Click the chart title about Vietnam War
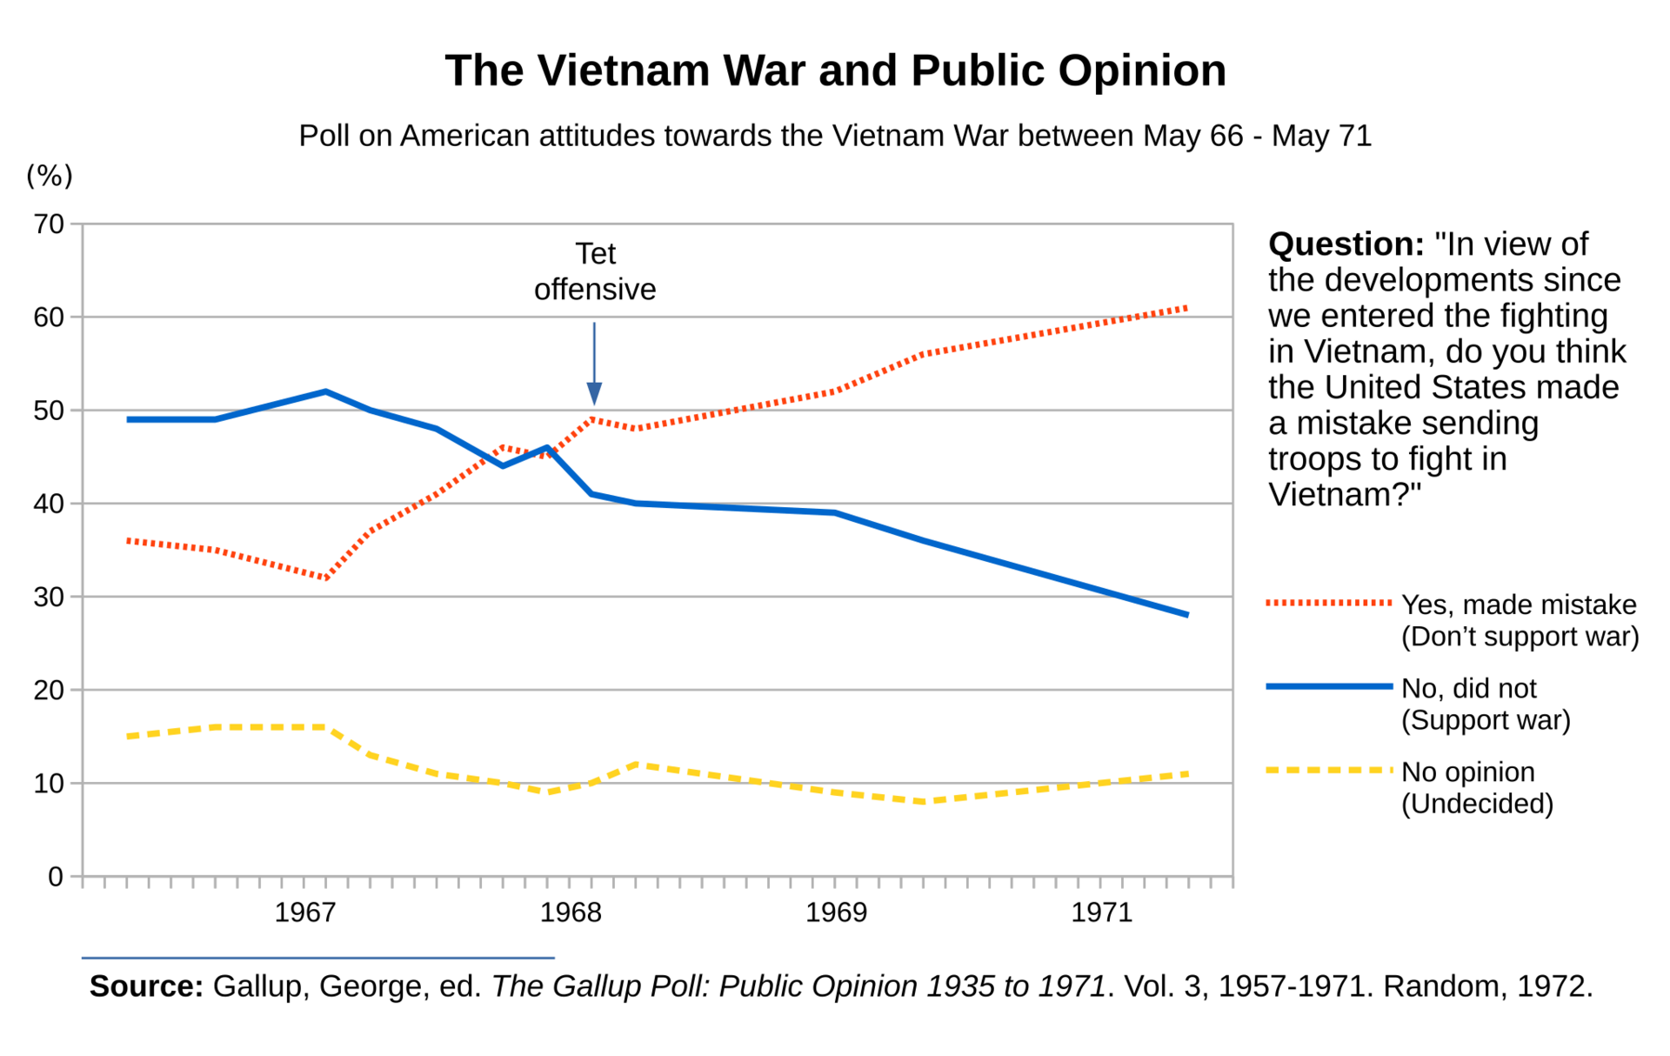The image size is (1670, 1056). point(835,71)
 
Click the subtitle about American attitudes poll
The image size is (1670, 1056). point(835,137)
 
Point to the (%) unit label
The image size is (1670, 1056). point(50,176)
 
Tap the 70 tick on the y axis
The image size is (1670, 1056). point(50,224)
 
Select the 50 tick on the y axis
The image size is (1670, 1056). point(50,411)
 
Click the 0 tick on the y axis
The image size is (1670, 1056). point(56,877)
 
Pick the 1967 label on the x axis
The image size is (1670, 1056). point(304,912)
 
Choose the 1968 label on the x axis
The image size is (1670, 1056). point(571,912)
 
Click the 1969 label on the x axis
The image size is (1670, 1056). point(836,912)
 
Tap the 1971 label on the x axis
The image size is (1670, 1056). point(1101,912)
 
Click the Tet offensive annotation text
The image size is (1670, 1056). point(595,271)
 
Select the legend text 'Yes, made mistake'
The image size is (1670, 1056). point(1519,605)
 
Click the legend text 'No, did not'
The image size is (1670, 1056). point(1468,688)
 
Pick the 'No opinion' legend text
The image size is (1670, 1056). point(1467,772)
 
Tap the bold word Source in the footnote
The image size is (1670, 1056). point(146,986)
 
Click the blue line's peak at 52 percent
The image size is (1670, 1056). point(326,391)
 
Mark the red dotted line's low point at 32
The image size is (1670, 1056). point(326,578)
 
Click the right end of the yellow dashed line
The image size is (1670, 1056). point(1187,773)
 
